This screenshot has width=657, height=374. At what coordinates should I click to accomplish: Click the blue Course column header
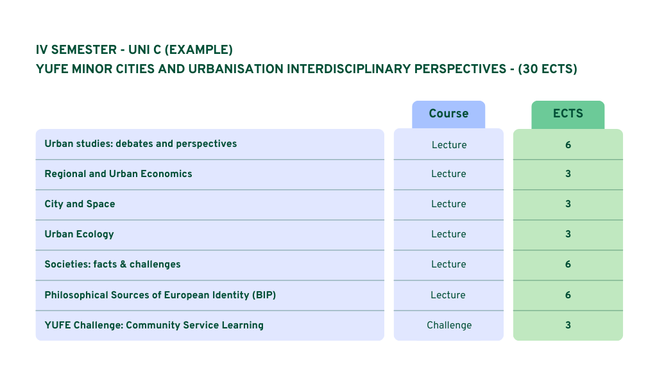tap(448, 114)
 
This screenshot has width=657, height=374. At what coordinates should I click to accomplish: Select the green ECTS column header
tap(568, 114)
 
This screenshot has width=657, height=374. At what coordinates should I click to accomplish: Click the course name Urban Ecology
tap(79, 234)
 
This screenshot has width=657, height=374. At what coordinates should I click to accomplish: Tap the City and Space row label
tap(80, 204)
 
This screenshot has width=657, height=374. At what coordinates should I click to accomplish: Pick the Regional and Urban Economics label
tap(118, 174)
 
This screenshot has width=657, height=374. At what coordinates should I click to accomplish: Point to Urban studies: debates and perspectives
tap(141, 144)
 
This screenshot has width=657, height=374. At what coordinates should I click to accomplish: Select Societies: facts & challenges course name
tap(112, 264)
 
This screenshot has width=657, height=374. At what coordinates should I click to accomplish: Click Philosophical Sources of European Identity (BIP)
tap(160, 295)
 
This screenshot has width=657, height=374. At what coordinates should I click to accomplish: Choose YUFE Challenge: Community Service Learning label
tap(154, 325)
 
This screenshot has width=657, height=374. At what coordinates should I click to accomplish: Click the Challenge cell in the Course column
tap(448, 325)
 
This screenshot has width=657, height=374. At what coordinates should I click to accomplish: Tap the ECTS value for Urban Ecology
tap(568, 234)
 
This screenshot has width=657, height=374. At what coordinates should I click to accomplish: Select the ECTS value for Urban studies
tap(568, 145)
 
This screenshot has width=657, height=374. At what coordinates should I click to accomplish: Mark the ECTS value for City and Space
tap(568, 204)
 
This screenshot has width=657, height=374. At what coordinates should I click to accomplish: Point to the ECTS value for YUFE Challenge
tap(568, 325)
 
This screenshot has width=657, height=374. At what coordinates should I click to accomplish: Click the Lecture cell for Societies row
tap(448, 264)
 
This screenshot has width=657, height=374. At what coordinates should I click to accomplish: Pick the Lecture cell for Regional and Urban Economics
tap(448, 174)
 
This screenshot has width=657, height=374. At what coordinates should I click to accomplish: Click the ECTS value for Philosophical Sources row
tap(568, 295)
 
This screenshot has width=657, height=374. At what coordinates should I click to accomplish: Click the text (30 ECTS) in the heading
tap(548, 69)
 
